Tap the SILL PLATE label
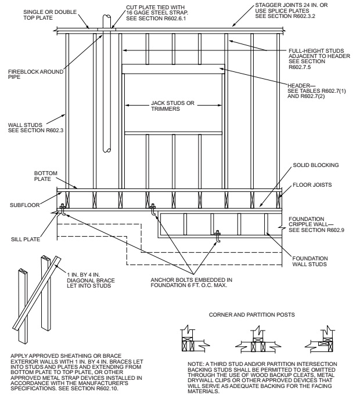28,238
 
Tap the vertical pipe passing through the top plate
104,87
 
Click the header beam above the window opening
173,69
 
